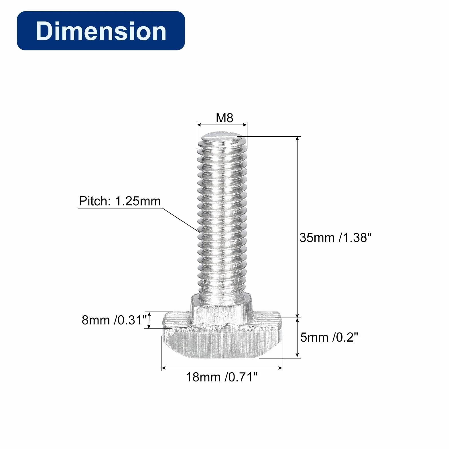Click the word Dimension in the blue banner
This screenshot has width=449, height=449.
101,31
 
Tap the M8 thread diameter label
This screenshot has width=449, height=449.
224,118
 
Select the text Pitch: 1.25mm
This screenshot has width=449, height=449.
120,201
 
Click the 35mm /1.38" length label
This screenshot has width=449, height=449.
335,238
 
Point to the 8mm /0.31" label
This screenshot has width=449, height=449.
114,320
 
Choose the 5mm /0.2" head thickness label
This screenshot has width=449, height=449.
329,337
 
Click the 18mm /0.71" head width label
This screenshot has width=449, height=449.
222,377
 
